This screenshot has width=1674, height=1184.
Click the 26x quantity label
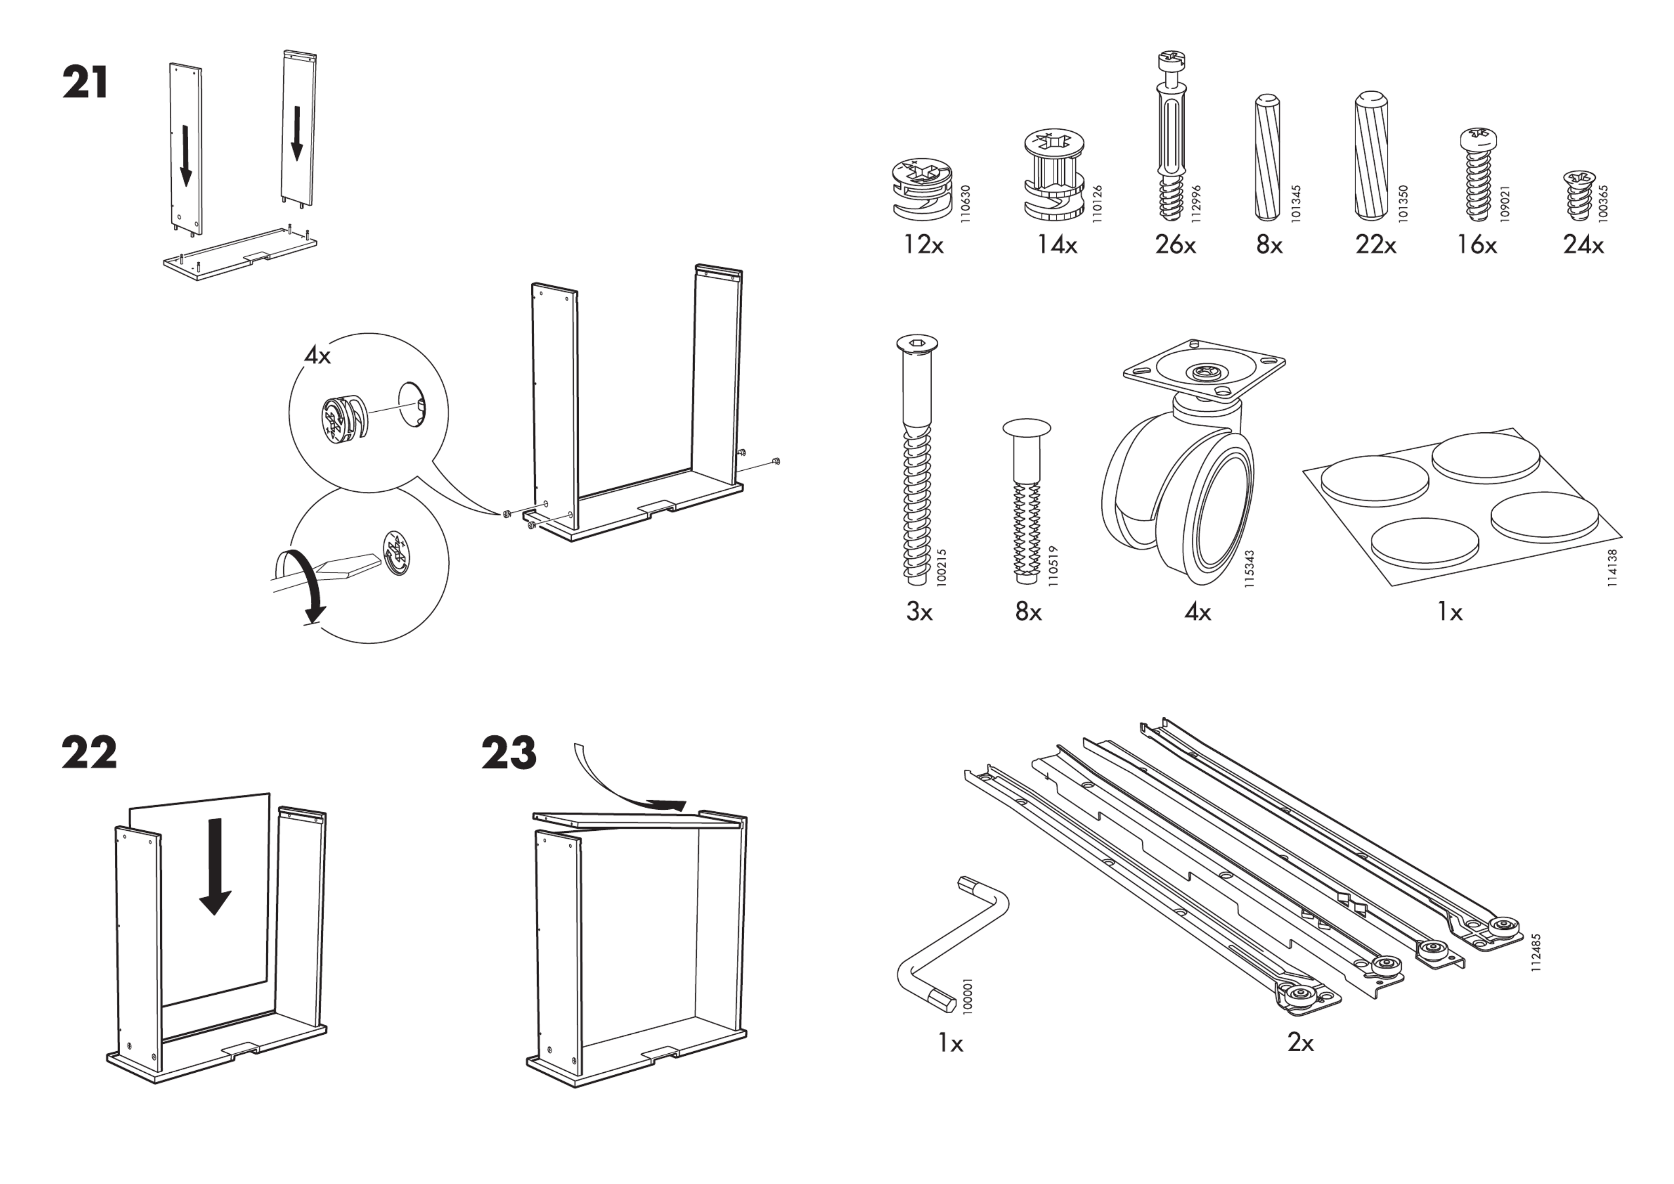click(1174, 245)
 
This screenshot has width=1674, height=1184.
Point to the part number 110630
click(965, 203)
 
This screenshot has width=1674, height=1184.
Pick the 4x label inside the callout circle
click(317, 356)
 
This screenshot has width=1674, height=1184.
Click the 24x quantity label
click(1583, 245)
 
